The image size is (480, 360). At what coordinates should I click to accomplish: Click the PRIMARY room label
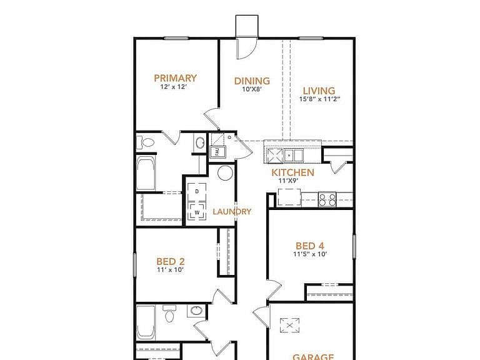click(175, 78)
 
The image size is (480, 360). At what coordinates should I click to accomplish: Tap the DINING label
click(252, 81)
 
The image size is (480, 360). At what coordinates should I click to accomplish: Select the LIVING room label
click(319, 91)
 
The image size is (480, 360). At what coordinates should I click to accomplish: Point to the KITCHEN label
click(292, 172)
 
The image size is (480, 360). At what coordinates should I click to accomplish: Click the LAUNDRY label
click(232, 211)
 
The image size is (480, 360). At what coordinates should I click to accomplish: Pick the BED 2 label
click(171, 262)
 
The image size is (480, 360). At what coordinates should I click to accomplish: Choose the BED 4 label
click(310, 246)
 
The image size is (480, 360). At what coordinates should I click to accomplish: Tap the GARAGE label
click(313, 357)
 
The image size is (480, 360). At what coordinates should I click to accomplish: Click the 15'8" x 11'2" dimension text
click(319, 99)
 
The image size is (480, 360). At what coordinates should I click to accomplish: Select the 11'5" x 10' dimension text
click(310, 254)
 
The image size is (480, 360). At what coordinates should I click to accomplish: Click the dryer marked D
click(196, 192)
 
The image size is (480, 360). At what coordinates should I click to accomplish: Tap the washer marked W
click(197, 211)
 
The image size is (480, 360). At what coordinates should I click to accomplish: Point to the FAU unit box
click(217, 151)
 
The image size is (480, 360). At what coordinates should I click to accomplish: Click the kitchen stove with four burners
click(327, 199)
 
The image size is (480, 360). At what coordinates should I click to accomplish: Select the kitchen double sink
click(293, 155)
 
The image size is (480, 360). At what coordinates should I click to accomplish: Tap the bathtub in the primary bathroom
click(146, 174)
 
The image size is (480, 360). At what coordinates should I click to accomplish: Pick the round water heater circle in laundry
click(225, 172)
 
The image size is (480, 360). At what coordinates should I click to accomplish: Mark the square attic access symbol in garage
click(289, 325)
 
